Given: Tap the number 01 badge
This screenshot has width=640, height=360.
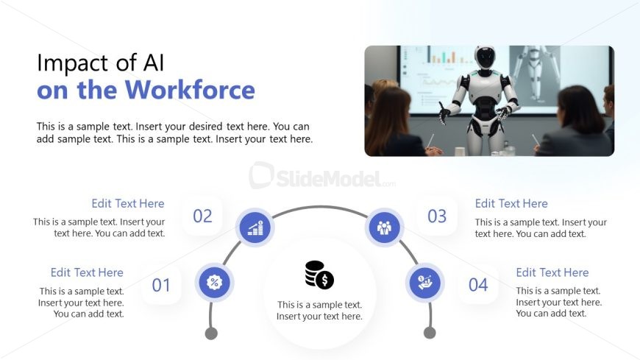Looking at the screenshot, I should [x=161, y=285].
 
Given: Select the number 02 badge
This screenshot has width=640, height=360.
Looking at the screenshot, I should [x=202, y=216].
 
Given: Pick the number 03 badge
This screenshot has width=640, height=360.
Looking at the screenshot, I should [x=437, y=216].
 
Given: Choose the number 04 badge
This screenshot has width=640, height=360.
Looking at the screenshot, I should [x=478, y=285].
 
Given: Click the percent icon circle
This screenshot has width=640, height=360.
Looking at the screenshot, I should [x=215, y=283].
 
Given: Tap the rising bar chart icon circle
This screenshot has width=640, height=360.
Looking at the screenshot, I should [x=255, y=227].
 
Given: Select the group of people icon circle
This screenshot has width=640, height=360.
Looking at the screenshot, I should [x=384, y=227].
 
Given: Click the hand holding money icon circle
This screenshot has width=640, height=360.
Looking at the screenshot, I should [x=424, y=283].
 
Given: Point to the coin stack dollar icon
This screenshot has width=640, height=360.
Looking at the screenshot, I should [x=319, y=275].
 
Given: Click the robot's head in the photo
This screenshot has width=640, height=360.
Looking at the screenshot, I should [x=485, y=59].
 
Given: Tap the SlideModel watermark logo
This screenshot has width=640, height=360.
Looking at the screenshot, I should [x=321, y=177].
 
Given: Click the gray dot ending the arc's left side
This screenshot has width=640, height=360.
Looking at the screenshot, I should [x=211, y=333].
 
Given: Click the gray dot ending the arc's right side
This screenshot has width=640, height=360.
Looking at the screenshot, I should [x=430, y=333].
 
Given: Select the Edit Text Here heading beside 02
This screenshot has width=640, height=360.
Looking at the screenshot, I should [x=128, y=203].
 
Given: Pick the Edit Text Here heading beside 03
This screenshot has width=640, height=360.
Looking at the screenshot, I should [x=511, y=203].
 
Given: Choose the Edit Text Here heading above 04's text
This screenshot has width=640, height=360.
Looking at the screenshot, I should [x=552, y=272].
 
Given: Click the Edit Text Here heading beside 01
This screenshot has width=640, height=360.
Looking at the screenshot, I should [x=87, y=272].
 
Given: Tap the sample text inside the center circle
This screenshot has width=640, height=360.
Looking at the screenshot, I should [x=319, y=311].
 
